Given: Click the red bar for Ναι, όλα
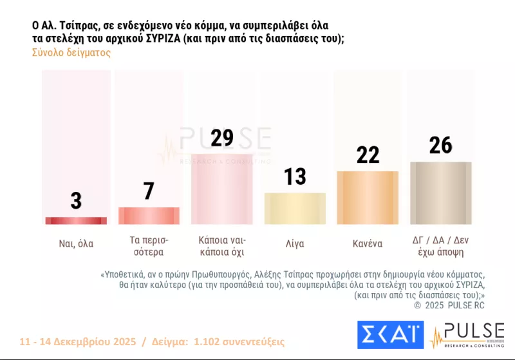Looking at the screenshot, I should click(x=76, y=221).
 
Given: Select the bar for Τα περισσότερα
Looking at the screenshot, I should click(x=149, y=216).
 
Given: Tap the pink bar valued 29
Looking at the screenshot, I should click(x=222, y=189).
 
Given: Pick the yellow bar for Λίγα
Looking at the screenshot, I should click(x=295, y=209).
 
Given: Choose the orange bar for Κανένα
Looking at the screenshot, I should click(x=368, y=198).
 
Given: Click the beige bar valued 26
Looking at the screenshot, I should click(x=441, y=193).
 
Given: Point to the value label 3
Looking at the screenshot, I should click(x=76, y=201).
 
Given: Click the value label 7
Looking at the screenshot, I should click(x=149, y=191).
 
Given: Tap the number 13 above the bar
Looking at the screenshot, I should click(x=295, y=176).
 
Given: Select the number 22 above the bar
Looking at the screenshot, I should click(x=368, y=155).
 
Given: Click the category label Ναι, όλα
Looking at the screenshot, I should click(x=76, y=244).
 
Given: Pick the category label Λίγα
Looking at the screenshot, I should click(x=295, y=244).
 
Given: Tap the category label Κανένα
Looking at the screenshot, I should click(x=368, y=244).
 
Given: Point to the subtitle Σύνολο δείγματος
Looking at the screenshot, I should click(x=71, y=53).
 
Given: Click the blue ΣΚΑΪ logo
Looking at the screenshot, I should click(x=390, y=335).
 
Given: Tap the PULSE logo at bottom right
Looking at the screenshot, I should click(x=467, y=335).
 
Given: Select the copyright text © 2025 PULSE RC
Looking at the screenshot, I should click(x=449, y=305).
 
